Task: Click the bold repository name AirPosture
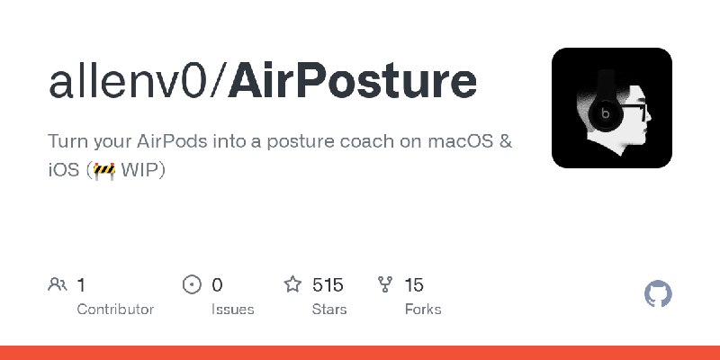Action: [352, 82]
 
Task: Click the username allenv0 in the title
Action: [128, 82]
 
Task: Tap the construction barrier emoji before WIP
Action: [104, 170]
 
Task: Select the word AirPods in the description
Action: [172, 141]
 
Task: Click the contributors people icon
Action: [58, 284]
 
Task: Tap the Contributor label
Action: [115, 309]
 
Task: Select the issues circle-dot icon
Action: [192, 284]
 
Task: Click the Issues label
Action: [233, 309]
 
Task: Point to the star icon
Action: [292, 284]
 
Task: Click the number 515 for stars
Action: [328, 285]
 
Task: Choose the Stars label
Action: [329, 309]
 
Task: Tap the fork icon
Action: [385, 284]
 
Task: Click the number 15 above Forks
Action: [414, 285]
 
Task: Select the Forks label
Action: [423, 309]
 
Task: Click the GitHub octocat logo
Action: [658, 293]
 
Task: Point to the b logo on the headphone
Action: [606, 112]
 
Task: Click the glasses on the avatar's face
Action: [634, 110]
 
